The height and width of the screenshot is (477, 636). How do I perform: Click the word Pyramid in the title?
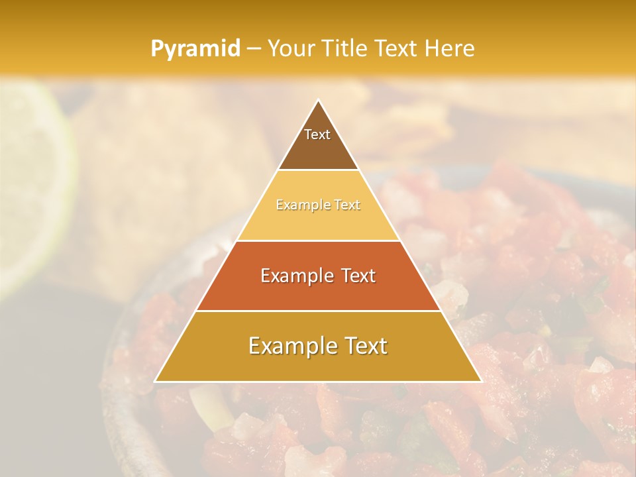(x=195, y=49)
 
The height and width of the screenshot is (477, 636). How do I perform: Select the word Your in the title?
(x=291, y=48)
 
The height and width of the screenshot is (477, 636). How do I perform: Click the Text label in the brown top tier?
(x=317, y=134)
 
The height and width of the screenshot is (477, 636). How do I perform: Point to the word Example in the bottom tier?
(x=288, y=346)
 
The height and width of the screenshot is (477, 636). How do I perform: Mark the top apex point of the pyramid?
(x=318, y=100)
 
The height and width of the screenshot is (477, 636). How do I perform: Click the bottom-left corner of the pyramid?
(x=155, y=382)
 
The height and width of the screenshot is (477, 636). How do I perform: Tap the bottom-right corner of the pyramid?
(x=481, y=382)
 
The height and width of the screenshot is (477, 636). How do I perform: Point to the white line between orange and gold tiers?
(x=318, y=311)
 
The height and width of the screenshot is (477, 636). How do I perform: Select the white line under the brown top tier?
(x=318, y=170)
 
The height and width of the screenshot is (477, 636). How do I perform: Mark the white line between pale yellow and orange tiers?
(x=318, y=240)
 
